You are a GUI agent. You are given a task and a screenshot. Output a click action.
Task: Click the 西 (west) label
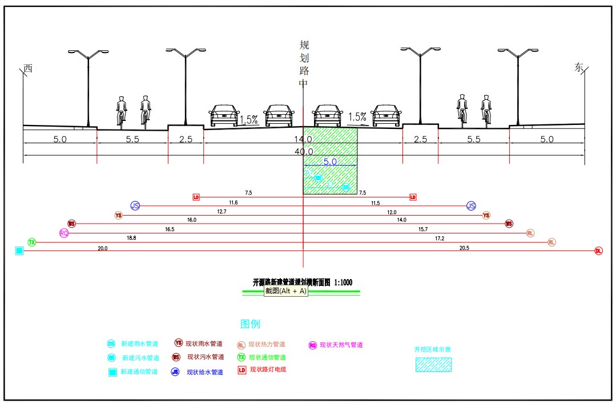28,68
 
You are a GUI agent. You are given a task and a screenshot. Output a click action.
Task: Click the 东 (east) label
579,67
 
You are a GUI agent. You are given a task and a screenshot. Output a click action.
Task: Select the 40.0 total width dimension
303,151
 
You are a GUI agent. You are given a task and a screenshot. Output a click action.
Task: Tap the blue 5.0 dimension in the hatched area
330,161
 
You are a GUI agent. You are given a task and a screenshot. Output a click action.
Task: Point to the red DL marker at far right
598,251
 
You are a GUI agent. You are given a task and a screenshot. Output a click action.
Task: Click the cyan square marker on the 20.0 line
19,251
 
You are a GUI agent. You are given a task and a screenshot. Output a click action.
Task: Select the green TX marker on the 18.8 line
32,243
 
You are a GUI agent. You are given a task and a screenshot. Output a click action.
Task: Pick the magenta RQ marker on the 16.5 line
64,233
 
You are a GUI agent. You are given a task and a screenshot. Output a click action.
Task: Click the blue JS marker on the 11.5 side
471,206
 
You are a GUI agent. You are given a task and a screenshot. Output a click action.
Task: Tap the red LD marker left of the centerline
196,197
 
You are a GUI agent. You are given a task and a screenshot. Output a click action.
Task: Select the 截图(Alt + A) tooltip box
286,291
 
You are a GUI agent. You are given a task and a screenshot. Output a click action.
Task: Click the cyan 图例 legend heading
250,324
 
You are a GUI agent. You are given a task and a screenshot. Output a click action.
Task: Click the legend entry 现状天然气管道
341,345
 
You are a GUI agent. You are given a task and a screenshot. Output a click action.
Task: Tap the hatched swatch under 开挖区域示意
433,365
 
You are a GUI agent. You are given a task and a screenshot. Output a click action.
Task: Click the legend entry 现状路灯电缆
268,370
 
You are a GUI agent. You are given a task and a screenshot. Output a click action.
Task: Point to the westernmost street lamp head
88,54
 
